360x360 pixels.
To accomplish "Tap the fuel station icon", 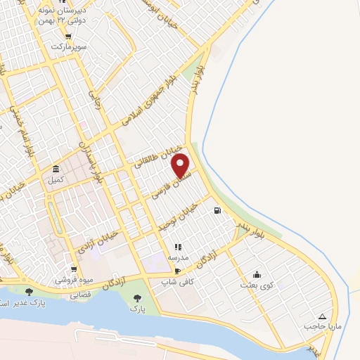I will (218, 210).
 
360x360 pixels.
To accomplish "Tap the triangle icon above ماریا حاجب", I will (322, 316).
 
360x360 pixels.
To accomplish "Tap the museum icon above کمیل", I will (56, 169).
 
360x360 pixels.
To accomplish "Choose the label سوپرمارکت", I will (67, 46).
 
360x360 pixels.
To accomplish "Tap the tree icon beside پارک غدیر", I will (29, 291).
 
